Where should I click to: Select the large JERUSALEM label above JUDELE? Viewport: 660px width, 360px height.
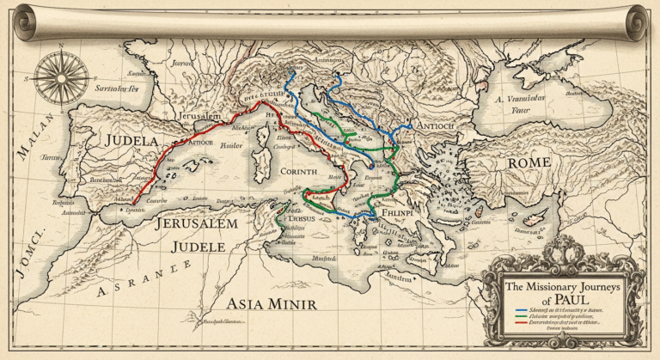click(196, 223)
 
